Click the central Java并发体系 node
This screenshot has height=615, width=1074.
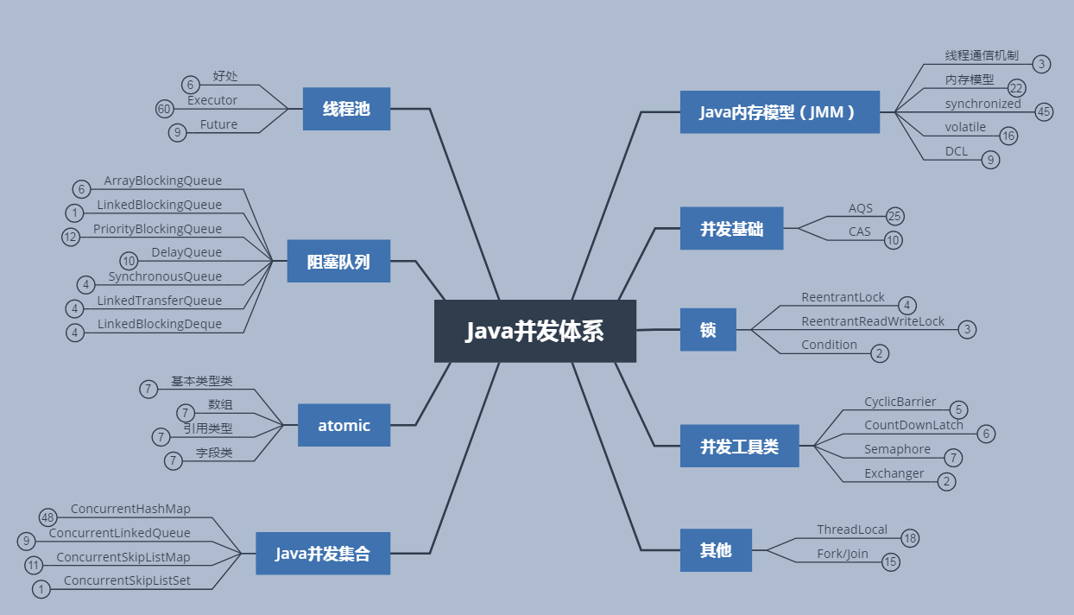(x=534, y=331)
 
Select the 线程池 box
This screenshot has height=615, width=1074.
(x=346, y=109)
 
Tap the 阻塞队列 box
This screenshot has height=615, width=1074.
(x=338, y=261)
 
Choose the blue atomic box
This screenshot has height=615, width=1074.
(x=344, y=425)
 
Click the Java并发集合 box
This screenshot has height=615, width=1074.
(x=323, y=554)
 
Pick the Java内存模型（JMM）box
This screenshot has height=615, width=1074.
(x=780, y=112)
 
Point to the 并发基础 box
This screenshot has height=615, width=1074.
(x=731, y=228)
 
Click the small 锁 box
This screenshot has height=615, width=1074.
(x=708, y=329)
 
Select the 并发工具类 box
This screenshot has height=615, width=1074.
(x=739, y=446)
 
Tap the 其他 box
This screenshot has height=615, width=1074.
(x=716, y=550)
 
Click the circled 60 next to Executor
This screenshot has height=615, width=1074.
(x=164, y=109)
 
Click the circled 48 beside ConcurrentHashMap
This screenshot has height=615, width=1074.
(x=47, y=517)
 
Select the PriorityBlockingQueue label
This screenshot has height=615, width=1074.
(x=157, y=229)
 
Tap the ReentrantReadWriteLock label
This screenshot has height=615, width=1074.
(x=873, y=321)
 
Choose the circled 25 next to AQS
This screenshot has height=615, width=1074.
(x=894, y=217)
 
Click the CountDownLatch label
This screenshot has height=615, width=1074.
(x=913, y=425)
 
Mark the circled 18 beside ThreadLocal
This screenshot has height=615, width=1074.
(x=910, y=538)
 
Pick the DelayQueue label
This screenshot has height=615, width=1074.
(x=186, y=252)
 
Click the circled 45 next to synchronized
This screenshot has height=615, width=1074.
(x=1045, y=111)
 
